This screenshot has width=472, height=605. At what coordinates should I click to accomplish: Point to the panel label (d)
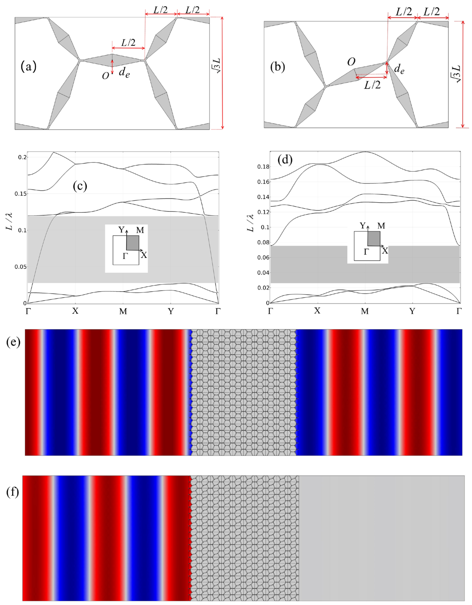tap(285, 160)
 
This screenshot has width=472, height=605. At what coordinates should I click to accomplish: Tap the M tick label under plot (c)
tap(123, 312)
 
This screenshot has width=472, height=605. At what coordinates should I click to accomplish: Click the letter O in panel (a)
tap(105, 76)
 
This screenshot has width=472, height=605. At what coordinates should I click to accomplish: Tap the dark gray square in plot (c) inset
tap(133, 243)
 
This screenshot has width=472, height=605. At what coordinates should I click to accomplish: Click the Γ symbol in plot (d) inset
tap(366, 252)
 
